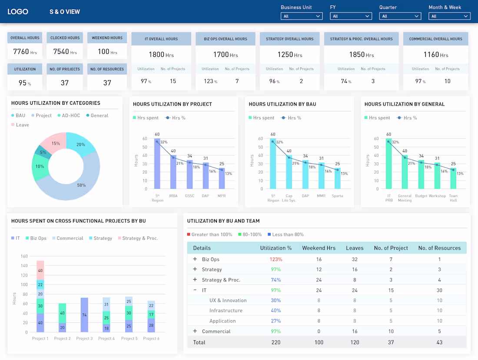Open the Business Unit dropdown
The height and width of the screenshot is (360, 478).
point(301,16)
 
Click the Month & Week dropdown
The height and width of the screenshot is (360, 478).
point(449,16)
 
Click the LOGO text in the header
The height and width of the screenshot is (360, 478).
point(18,12)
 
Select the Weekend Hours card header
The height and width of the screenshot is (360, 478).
point(107,38)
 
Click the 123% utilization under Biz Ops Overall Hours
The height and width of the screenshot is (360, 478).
point(210,81)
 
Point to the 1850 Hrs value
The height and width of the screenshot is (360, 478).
point(361,55)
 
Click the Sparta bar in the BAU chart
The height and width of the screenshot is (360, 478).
point(337,179)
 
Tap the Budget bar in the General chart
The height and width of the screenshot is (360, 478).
point(421,175)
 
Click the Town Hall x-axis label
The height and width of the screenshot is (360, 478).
point(453,198)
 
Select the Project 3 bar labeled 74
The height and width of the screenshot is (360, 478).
point(84,315)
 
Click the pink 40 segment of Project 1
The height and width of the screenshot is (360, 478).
point(40,270)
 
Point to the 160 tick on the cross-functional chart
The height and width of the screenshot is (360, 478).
point(24,256)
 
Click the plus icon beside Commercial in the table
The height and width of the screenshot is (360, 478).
point(195,331)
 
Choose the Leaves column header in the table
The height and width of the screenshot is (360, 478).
point(354,248)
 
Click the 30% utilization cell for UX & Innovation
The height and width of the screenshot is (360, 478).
point(276,301)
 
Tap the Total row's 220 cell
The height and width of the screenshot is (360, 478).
point(276,342)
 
